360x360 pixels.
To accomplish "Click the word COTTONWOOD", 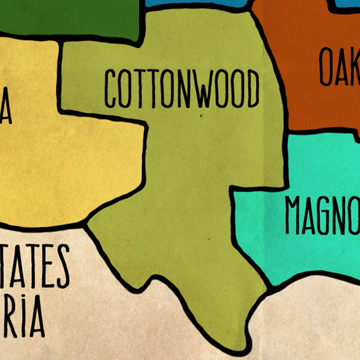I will point(182,88).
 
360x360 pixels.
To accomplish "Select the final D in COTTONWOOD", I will point(253,88).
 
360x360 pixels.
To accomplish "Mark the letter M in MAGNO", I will point(294,215).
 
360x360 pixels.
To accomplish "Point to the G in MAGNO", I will point(329,215).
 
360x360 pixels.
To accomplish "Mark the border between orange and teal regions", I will point(322,130).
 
